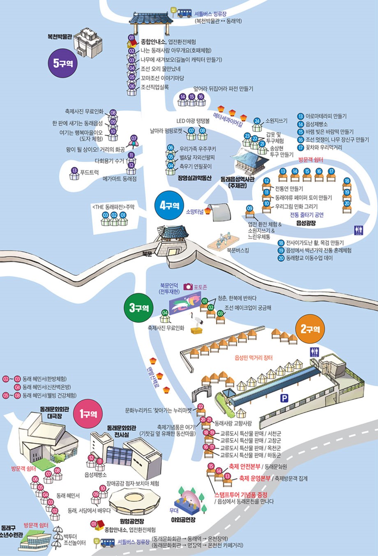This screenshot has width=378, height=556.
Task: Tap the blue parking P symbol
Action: pos(284,398)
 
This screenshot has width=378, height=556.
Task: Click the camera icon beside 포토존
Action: pos(188,287)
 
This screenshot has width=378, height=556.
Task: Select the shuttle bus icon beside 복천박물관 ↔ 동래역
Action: pos(184,13)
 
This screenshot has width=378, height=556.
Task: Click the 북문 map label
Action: pos(147,254)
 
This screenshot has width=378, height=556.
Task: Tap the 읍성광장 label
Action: pos(306,223)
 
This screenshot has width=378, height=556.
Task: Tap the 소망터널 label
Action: pos(195,212)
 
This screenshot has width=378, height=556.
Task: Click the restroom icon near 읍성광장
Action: pos(358,230)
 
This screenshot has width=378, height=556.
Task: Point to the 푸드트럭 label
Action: pos(89,173)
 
